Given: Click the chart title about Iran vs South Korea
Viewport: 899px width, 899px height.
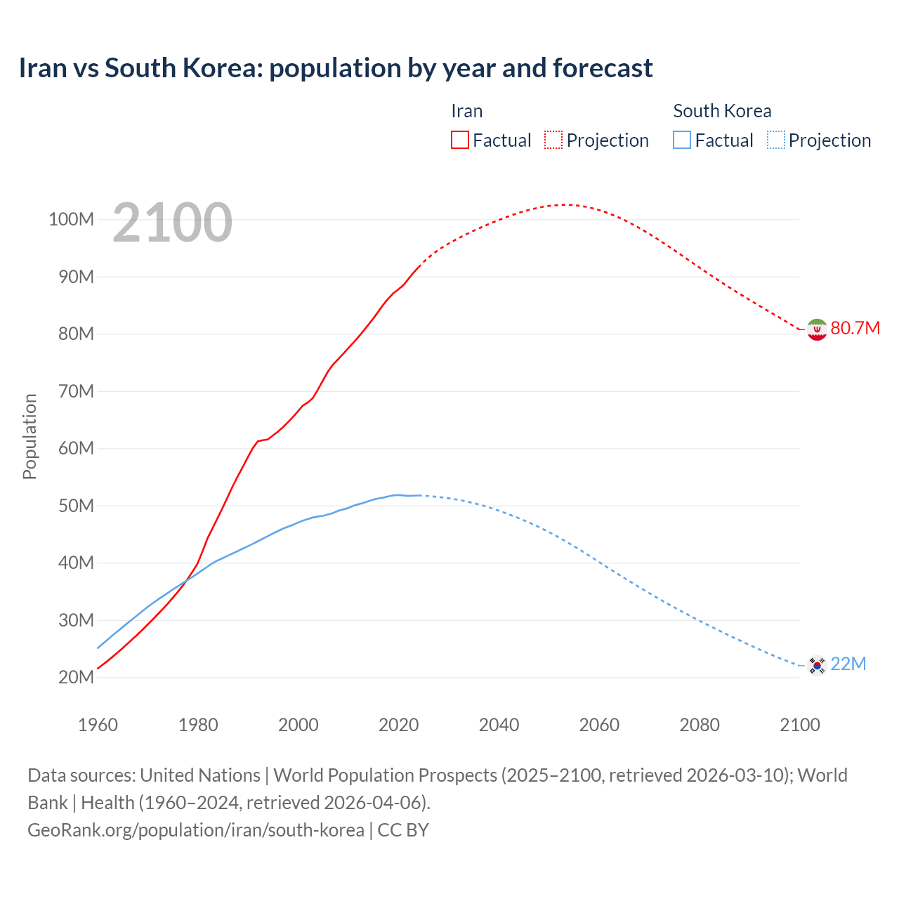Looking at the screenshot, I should (x=336, y=68).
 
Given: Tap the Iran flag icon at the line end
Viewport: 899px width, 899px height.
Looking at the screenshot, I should (x=816, y=329).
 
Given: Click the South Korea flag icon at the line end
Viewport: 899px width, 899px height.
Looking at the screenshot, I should (x=816, y=664).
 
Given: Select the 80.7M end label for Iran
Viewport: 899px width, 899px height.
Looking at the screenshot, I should (x=855, y=328).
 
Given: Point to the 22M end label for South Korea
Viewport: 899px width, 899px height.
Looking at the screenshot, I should (x=848, y=664).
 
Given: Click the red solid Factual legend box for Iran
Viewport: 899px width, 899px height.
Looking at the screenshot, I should (x=459, y=140).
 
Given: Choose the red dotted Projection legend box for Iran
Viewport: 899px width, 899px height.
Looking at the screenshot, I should (x=553, y=140).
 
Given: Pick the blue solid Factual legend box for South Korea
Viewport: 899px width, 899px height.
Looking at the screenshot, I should (x=682, y=140).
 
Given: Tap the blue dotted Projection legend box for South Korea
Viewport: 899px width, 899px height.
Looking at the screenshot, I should (x=775, y=140).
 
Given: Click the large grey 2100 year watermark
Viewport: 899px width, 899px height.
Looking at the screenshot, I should (x=172, y=223).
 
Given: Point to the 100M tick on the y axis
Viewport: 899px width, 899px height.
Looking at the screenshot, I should (x=71, y=219).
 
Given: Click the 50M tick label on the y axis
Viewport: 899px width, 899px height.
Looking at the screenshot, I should (x=76, y=506).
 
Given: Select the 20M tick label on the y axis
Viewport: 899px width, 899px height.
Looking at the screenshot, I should (x=76, y=677).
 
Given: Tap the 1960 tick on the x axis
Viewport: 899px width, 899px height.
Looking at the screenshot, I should (x=98, y=725).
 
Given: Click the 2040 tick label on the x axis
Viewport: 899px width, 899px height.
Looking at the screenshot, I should (x=499, y=725).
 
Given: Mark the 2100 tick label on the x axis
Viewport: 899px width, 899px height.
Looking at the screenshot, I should (x=799, y=725).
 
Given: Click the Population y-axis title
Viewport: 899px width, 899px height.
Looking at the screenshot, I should (x=29, y=436).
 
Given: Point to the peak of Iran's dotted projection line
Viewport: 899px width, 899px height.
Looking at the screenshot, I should (x=564, y=204).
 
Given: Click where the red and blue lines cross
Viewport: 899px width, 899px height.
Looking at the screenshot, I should (x=185, y=580).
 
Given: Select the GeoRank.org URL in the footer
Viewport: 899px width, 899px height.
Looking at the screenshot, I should (x=196, y=830).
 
